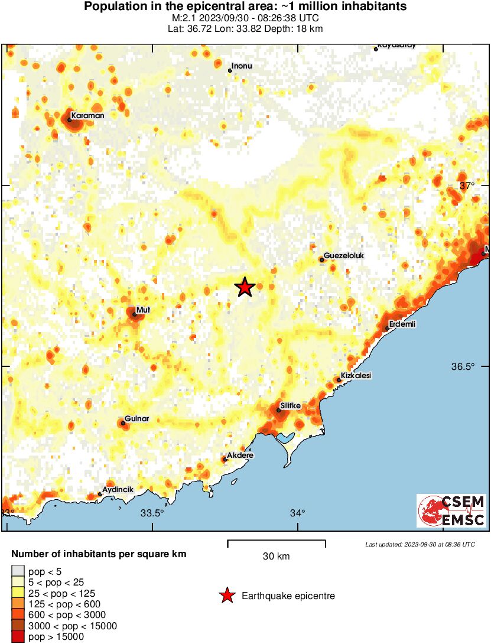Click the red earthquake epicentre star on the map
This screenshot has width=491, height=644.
click(245, 287)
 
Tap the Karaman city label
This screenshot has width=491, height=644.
click(87, 116)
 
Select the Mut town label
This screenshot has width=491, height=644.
click(143, 310)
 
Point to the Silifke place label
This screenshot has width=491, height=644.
click(290, 405)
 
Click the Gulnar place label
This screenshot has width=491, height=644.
click(136, 419)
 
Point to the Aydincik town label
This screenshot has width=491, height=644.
click(118, 490)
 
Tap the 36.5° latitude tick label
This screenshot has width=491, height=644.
click(463, 366)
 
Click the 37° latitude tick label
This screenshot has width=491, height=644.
click(467, 186)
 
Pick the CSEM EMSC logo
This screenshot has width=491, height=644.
click(451, 511)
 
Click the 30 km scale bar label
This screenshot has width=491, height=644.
click(276, 557)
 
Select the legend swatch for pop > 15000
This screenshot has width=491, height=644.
click(18, 637)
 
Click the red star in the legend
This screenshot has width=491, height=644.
click(226, 596)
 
